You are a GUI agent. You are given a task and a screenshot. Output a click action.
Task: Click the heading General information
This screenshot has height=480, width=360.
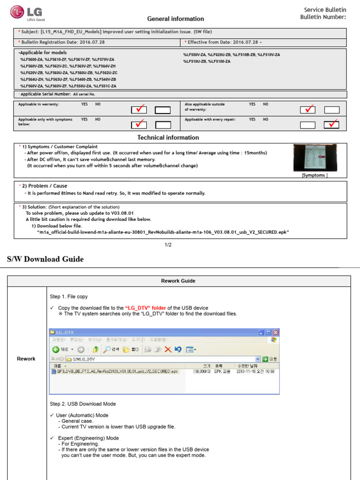point(175,19)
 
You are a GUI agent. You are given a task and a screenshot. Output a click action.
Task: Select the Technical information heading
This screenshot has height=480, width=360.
point(168,137)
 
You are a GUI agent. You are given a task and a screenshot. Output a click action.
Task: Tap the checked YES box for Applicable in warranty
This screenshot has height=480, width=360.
point(139,110)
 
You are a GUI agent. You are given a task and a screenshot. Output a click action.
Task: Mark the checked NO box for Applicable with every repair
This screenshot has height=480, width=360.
point(331,124)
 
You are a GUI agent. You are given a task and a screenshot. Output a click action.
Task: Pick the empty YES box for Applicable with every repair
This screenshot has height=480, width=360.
point(307,125)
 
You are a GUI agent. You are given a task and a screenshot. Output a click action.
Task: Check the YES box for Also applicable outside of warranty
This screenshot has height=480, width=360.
point(307,110)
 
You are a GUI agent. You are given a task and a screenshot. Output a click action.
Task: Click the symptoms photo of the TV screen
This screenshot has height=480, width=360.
point(315,157)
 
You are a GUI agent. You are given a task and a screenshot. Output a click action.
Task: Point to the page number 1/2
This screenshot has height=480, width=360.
point(168,245)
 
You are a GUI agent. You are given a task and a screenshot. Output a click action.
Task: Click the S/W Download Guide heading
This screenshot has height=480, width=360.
point(45,259)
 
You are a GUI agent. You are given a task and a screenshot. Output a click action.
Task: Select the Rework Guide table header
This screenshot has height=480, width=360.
point(178,281)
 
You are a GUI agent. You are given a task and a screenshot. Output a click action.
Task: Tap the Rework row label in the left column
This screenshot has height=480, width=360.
point(26,359)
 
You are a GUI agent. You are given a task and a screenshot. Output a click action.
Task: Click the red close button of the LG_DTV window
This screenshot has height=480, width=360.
point(275,332)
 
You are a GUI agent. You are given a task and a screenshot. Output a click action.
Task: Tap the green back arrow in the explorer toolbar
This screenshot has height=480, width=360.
point(56,349)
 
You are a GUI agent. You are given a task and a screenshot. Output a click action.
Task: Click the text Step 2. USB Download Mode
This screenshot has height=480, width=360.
point(82,404)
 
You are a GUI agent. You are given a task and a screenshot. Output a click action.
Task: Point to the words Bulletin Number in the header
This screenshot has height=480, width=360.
point(323,17)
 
